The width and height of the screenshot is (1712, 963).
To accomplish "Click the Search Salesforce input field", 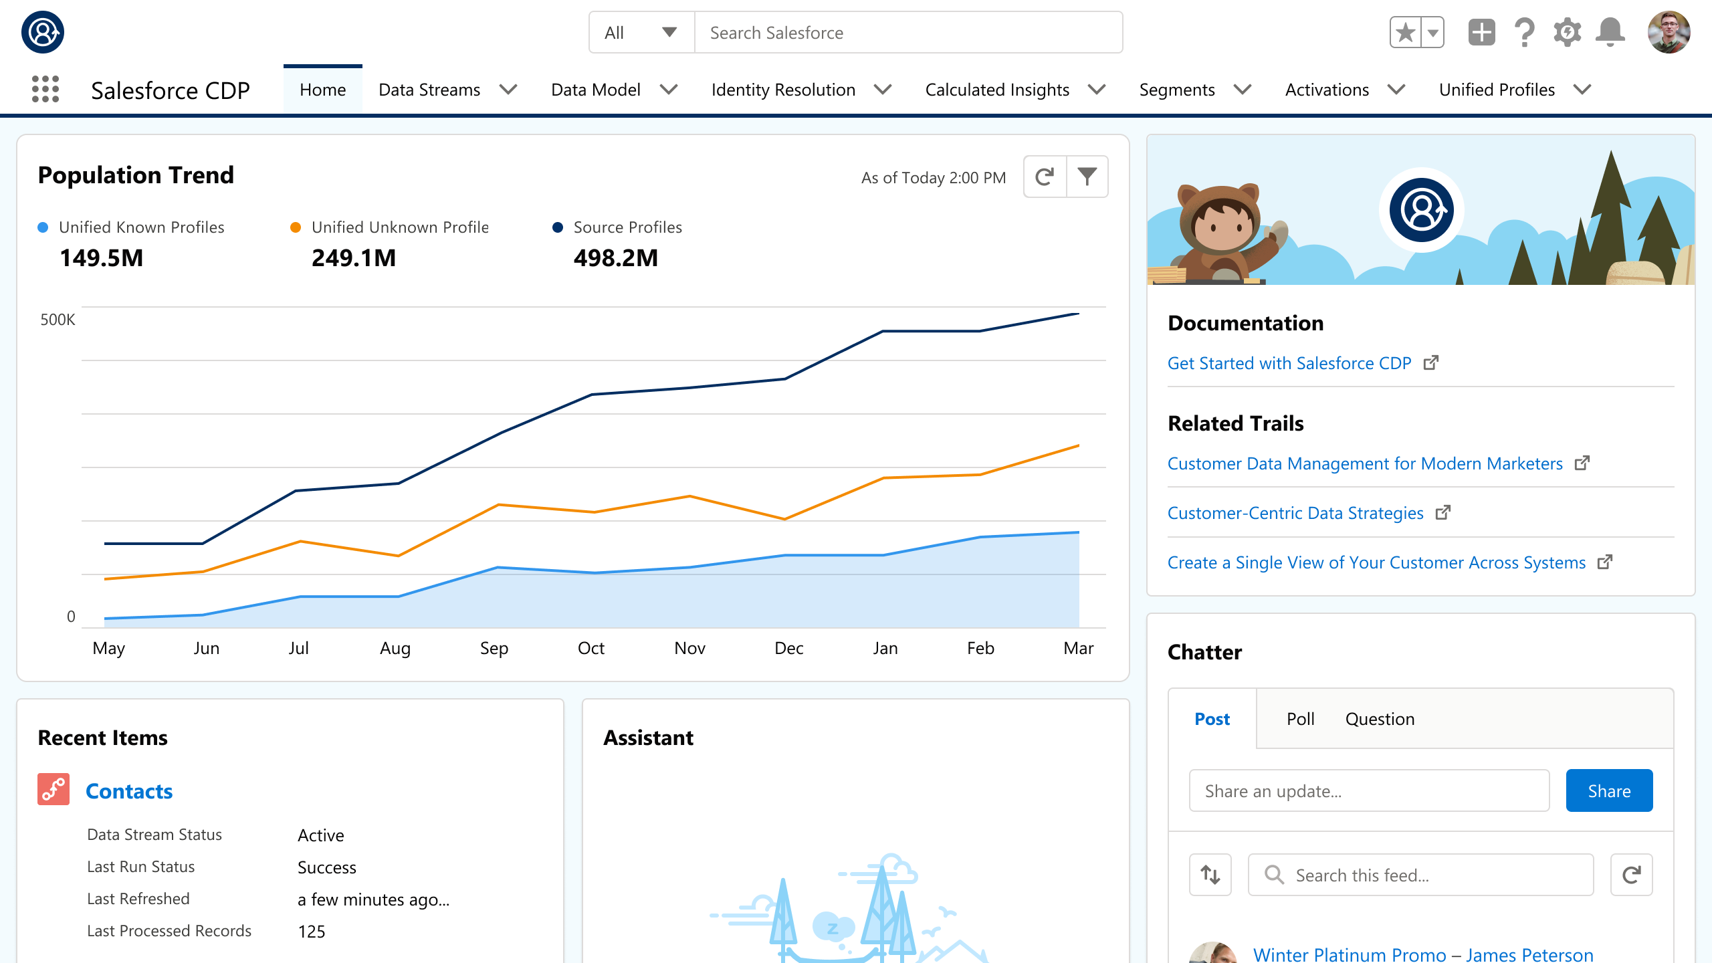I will pyautogui.click(x=908, y=32).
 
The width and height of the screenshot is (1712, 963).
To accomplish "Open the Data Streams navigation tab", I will pyautogui.click(x=429, y=90).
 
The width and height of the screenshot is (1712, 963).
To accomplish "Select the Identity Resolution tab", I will pyautogui.click(x=783, y=90).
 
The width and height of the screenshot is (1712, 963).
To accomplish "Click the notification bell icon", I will pyautogui.click(x=1610, y=32).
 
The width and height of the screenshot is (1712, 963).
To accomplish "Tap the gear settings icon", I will pyautogui.click(x=1567, y=32).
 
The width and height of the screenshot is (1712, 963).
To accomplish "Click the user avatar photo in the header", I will pyautogui.click(x=1669, y=32).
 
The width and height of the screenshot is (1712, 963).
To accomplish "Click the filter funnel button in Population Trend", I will pyautogui.click(x=1087, y=177).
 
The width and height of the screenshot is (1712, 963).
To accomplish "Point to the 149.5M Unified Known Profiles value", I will pyautogui.click(x=102, y=258).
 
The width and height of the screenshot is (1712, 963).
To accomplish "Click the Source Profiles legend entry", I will pyautogui.click(x=627, y=227).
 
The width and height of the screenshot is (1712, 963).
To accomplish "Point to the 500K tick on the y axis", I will pyautogui.click(x=58, y=320).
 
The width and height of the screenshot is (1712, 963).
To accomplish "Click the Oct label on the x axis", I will pyautogui.click(x=591, y=648).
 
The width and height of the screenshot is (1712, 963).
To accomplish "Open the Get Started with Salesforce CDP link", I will pyautogui.click(x=1289, y=363).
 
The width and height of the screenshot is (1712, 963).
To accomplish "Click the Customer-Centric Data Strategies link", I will pyautogui.click(x=1295, y=513).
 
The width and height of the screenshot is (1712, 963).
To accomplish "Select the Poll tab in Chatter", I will pyautogui.click(x=1300, y=719).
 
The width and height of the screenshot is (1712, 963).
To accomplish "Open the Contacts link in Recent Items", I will pyautogui.click(x=129, y=791).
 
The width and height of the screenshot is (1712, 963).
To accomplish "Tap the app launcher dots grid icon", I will pyautogui.click(x=45, y=89).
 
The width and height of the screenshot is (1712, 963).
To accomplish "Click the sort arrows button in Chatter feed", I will pyautogui.click(x=1210, y=875).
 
